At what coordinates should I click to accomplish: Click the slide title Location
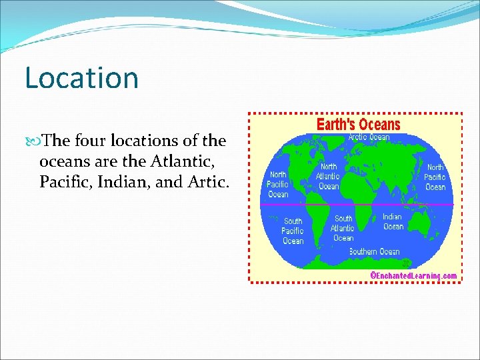pyautogui.click(x=81, y=77)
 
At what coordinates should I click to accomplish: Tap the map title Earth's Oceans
pyautogui.click(x=358, y=125)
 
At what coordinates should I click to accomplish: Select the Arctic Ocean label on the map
pyautogui.click(x=369, y=137)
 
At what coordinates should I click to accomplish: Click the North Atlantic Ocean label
pyautogui.click(x=328, y=177)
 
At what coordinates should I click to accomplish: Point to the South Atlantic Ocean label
pyautogui.click(x=343, y=228)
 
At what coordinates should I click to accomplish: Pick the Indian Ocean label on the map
pyautogui.click(x=393, y=221)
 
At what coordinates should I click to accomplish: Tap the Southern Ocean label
pyautogui.click(x=374, y=251)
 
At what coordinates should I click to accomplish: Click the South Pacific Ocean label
pyautogui.click(x=293, y=231)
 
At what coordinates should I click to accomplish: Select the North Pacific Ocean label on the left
pyautogui.click(x=278, y=184)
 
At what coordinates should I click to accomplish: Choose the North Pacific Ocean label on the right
pyautogui.click(x=435, y=177)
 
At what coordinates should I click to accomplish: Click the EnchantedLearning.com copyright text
pyautogui.click(x=413, y=276)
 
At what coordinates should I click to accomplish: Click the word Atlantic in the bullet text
pyautogui.click(x=187, y=161)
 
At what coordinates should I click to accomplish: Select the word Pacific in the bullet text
pyautogui.click(x=62, y=181)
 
